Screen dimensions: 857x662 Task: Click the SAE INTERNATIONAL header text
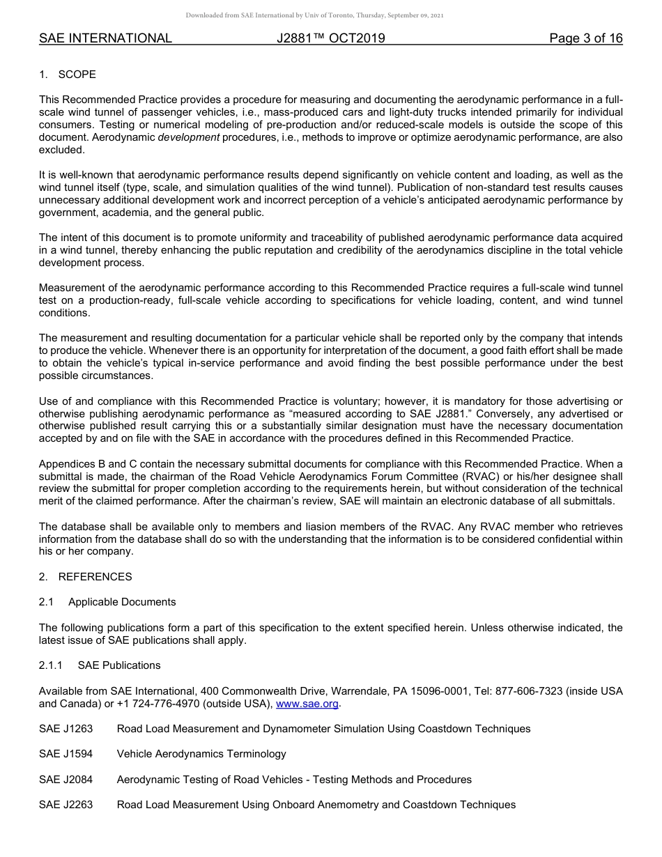click(x=105, y=38)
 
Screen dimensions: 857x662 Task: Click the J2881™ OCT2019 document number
click(x=330, y=38)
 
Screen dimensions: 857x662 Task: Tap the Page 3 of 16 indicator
click(x=585, y=38)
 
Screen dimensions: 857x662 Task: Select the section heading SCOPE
click(x=77, y=75)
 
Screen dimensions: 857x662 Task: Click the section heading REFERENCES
click(x=95, y=577)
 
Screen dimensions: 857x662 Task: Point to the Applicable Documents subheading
click(x=122, y=602)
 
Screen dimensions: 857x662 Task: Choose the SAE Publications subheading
click(x=119, y=665)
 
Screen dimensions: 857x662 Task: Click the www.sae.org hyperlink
click(x=307, y=704)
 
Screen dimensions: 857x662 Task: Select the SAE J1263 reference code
click(x=66, y=729)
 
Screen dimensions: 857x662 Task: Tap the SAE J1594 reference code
click(x=66, y=754)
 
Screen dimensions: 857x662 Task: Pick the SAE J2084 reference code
click(x=66, y=780)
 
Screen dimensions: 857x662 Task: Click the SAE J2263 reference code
click(x=66, y=805)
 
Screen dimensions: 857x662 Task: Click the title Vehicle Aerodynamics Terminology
click(x=201, y=754)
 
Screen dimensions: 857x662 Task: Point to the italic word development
click(x=188, y=137)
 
